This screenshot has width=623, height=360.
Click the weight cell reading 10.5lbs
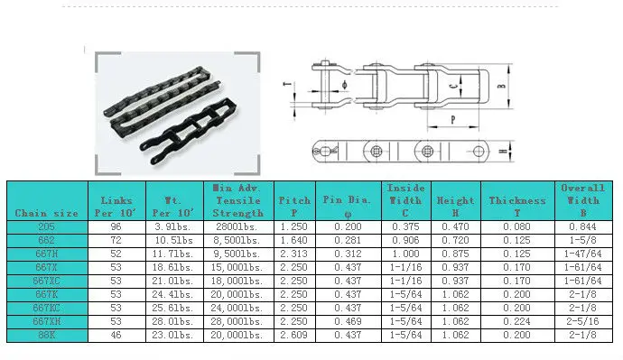click(x=172, y=241)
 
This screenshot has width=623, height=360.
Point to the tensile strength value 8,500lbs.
click(x=237, y=241)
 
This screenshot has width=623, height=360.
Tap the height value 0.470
click(x=455, y=227)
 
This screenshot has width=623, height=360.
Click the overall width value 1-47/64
click(x=582, y=254)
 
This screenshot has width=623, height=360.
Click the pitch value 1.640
click(x=294, y=241)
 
